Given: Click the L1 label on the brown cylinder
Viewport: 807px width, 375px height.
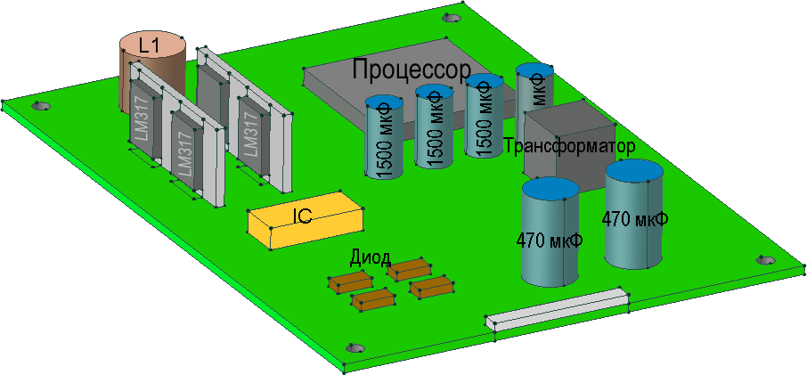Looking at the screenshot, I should click(x=150, y=44).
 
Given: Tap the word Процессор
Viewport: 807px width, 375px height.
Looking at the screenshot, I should click(x=411, y=69).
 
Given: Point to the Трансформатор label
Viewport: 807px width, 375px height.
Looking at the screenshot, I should click(x=569, y=146).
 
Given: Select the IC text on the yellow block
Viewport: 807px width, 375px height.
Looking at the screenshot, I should click(x=302, y=215).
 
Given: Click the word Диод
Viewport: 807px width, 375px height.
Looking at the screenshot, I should click(x=370, y=258).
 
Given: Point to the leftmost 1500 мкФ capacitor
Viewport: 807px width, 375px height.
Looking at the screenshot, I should click(x=386, y=138).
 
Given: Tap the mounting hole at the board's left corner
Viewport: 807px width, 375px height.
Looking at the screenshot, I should click(x=38, y=106).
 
